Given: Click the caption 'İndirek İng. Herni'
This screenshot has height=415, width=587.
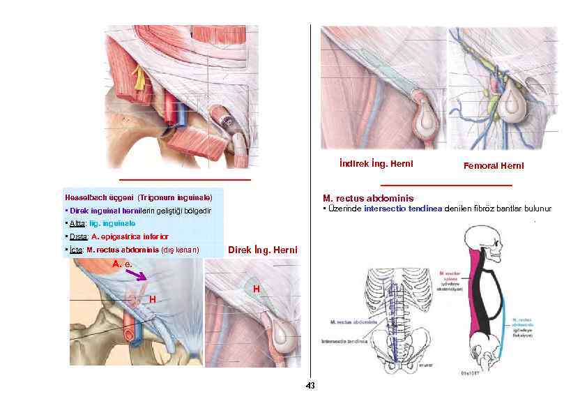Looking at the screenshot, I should [371, 164].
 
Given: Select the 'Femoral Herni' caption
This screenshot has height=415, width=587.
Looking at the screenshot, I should [493, 166].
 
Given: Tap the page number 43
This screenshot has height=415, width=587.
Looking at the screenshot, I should [311, 386].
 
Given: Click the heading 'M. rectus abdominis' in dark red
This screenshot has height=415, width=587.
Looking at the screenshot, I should [368, 198].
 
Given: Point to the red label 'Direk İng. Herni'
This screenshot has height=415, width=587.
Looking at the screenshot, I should [263, 250].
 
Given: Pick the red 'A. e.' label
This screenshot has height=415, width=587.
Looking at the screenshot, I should [122, 264].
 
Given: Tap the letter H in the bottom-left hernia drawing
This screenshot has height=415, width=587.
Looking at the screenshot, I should [151, 299].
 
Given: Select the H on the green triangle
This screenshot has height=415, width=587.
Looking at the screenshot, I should [257, 288].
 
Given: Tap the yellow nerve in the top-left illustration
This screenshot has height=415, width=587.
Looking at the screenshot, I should [140, 77].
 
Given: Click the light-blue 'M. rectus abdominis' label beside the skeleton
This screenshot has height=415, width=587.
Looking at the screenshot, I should [521, 324].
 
